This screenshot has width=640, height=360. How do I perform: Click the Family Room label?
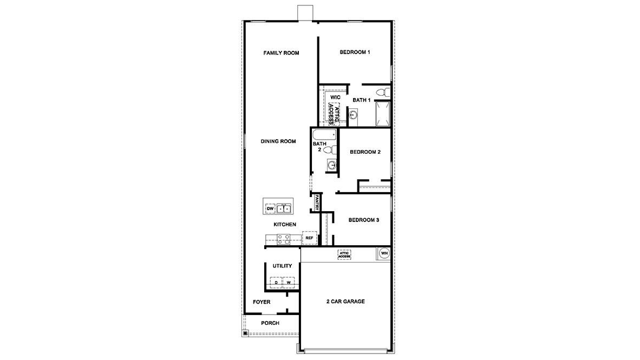click(281, 53)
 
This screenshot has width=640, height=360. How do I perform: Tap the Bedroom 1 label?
click(355, 53)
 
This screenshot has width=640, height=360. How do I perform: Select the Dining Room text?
click(278, 141)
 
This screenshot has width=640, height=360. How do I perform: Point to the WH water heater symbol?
click(384, 253)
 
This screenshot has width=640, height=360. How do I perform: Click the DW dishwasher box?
click(270, 208)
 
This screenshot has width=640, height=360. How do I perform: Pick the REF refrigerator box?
click(309, 238)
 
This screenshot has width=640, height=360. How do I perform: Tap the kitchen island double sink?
click(284, 208)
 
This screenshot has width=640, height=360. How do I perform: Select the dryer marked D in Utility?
click(276, 283)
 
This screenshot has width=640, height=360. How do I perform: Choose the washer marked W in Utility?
click(289, 283)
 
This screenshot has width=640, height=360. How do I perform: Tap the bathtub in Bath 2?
click(324, 134)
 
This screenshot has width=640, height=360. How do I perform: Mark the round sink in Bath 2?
click(331, 165)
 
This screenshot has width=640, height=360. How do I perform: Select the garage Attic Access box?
click(344, 254)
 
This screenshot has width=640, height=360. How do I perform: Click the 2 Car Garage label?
click(345, 302)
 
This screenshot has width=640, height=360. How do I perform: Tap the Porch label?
click(270, 323)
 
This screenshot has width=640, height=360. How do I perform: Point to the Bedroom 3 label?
click(363, 220)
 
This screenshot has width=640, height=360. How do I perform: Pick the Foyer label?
click(262, 302)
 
